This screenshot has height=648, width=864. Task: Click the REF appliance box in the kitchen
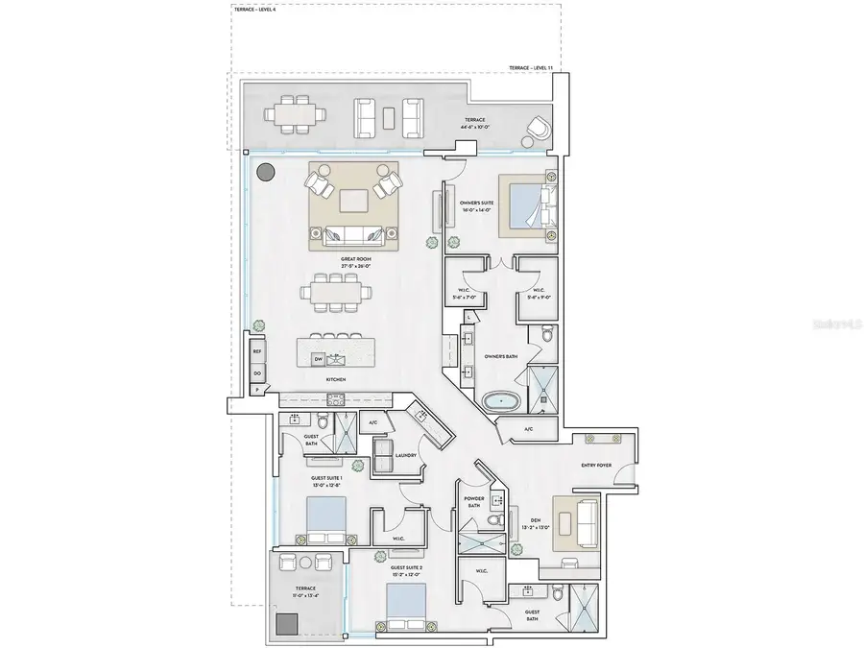pos(257,351)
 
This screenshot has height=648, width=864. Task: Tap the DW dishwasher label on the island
pos(318,359)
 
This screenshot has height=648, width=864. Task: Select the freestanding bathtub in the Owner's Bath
pos(497,401)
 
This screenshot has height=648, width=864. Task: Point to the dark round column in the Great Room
pos(265,174)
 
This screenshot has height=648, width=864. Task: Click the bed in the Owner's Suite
pos(525,204)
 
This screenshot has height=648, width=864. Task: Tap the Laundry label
pos(405,456)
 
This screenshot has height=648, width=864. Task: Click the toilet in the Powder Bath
pos(493,519)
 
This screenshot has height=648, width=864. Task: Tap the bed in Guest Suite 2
pos(406,606)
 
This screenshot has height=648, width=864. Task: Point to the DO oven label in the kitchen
pos(257,372)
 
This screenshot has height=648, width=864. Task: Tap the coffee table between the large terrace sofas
pos(389,115)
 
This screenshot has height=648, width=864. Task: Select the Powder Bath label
pos(475,501)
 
